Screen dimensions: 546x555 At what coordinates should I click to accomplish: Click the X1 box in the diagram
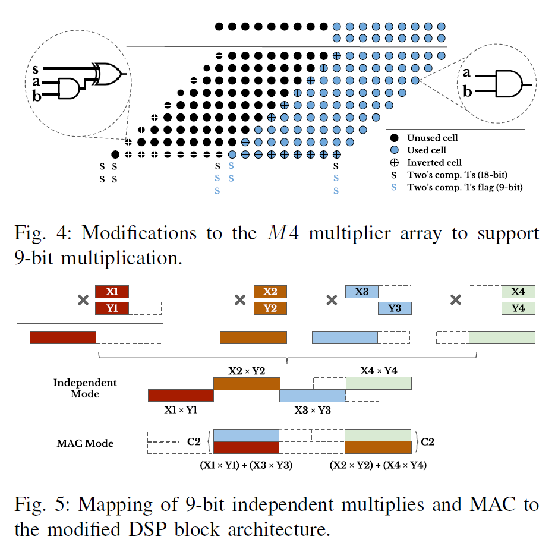[x=112, y=292]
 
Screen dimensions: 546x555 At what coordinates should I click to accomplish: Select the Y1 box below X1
[x=112, y=308]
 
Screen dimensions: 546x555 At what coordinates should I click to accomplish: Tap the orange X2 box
[x=270, y=292]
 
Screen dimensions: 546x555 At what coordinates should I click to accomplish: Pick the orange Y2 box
[x=270, y=308]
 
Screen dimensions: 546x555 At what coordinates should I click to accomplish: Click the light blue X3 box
[x=362, y=292]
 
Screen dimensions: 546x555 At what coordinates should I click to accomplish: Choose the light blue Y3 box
[x=394, y=308]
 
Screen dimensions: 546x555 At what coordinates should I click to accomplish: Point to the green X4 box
[x=518, y=292]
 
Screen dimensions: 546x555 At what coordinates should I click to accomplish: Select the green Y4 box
[x=518, y=308]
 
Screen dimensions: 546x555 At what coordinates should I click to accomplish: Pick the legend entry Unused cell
[x=432, y=138]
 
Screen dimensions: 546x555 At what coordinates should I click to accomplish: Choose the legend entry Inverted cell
[x=434, y=162]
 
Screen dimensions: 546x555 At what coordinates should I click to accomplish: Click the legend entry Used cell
[x=427, y=150]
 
